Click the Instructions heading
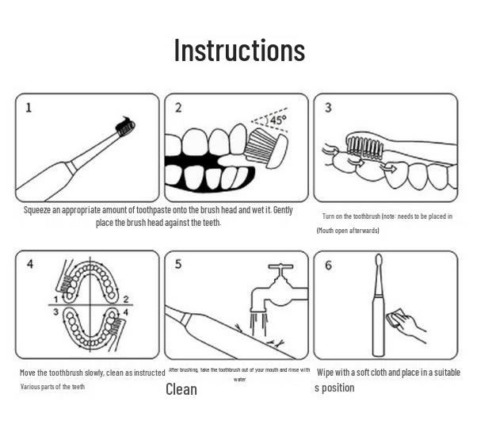tap(239, 50)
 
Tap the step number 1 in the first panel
tap(29, 108)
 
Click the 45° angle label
tap(278, 120)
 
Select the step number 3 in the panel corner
tap(328, 107)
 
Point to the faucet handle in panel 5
tap(280, 266)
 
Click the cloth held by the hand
tap(395, 318)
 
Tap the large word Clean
tap(181, 389)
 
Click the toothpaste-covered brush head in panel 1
tap(126, 127)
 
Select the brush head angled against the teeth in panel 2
tap(267, 148)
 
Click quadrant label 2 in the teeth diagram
tap(126, 300)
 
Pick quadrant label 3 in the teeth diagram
tap(55, 312)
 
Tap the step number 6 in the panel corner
tap(328, 266)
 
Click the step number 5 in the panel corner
tap(178, 264)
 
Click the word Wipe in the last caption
tap(325, 372)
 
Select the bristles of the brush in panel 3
tap(364, 147)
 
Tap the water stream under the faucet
tap(258, 324)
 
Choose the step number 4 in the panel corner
tap(30, 264)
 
